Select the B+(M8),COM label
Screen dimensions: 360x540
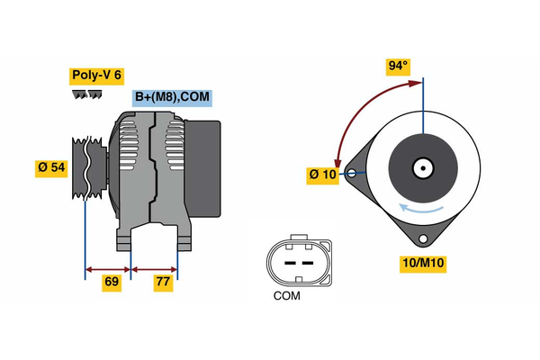172,98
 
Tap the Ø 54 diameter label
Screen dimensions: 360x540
51,167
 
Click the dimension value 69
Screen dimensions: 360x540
112,283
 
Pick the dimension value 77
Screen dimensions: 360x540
163,283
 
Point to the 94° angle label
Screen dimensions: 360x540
397,66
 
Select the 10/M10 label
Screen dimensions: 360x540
422,263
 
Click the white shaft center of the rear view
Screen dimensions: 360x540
422,168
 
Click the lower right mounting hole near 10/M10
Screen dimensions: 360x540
422,238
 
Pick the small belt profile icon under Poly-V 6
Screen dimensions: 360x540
84,94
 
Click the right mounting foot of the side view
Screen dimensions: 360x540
184,240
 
